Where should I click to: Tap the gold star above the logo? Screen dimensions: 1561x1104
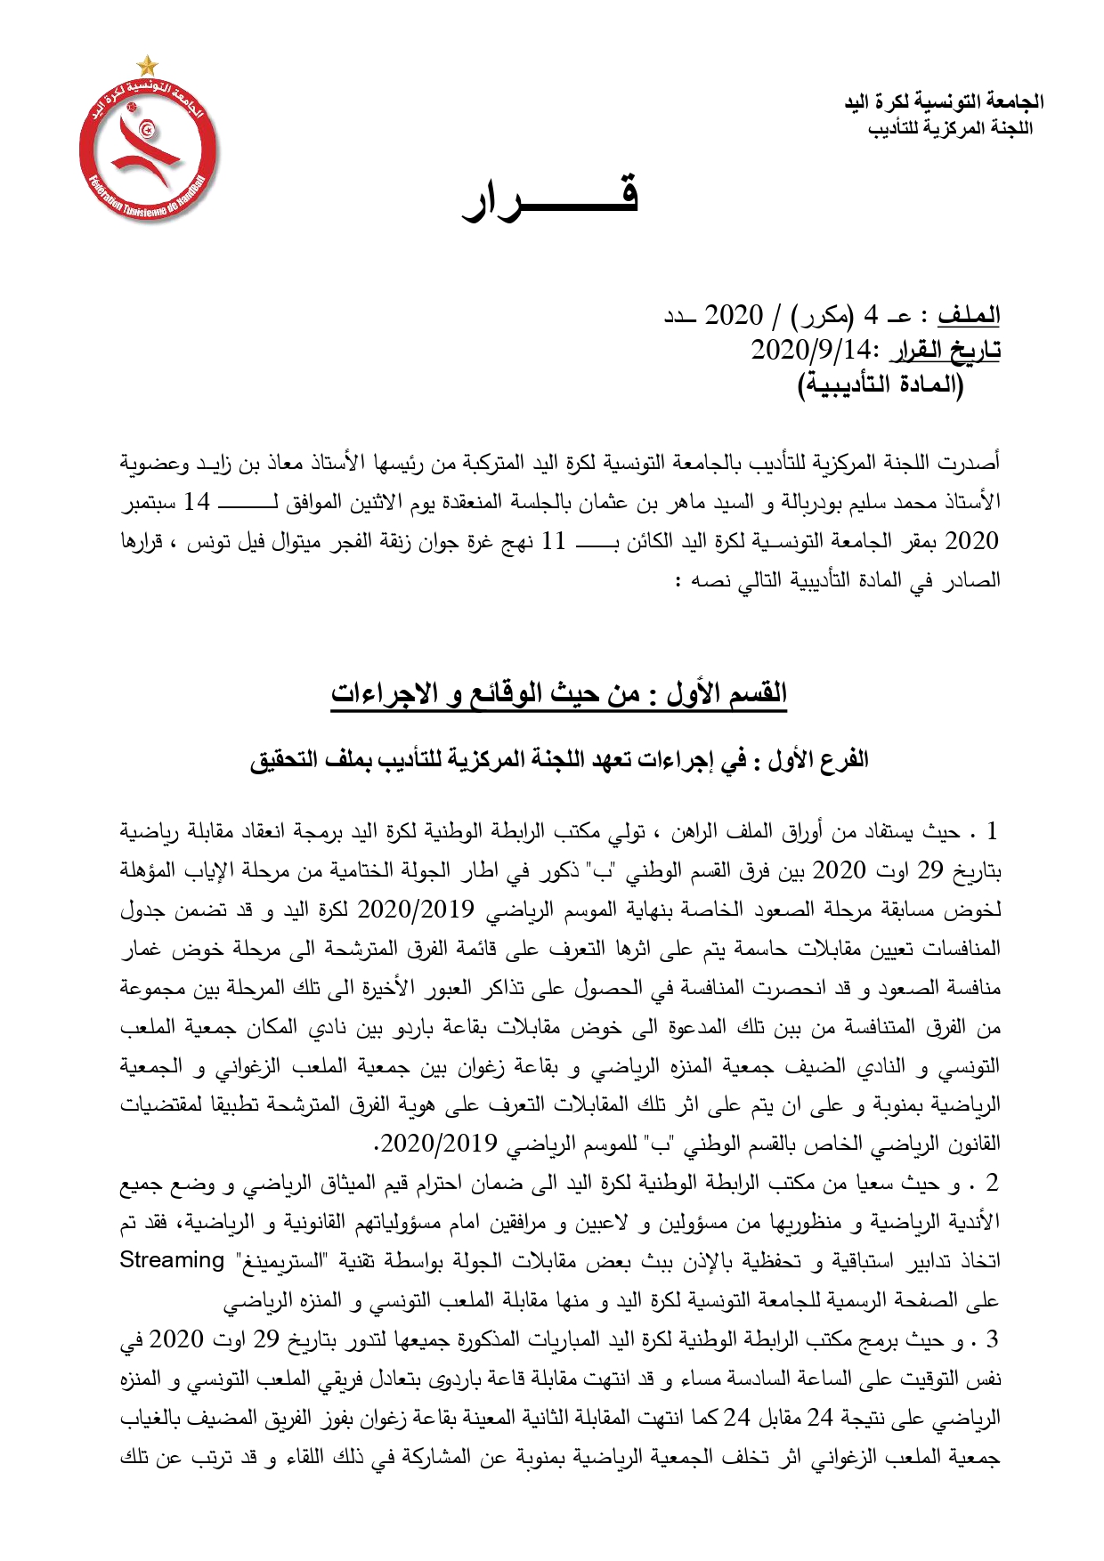pos(148,66)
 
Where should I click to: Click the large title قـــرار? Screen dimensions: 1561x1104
pos(550,199)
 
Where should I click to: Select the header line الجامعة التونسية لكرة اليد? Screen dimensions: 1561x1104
pos(944,102)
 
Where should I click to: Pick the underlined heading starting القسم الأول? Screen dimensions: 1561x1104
pos(559,692)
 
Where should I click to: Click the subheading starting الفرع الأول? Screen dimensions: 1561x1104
pos(559,760)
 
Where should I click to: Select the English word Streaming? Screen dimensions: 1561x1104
pos(172,1260)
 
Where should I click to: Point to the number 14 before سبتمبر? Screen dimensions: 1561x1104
pos(197,502)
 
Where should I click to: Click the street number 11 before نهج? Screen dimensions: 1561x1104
pos(554,541)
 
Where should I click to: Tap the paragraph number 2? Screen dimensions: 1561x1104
pos(992,1183)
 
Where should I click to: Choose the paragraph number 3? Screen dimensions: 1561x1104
pos(992,1339)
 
